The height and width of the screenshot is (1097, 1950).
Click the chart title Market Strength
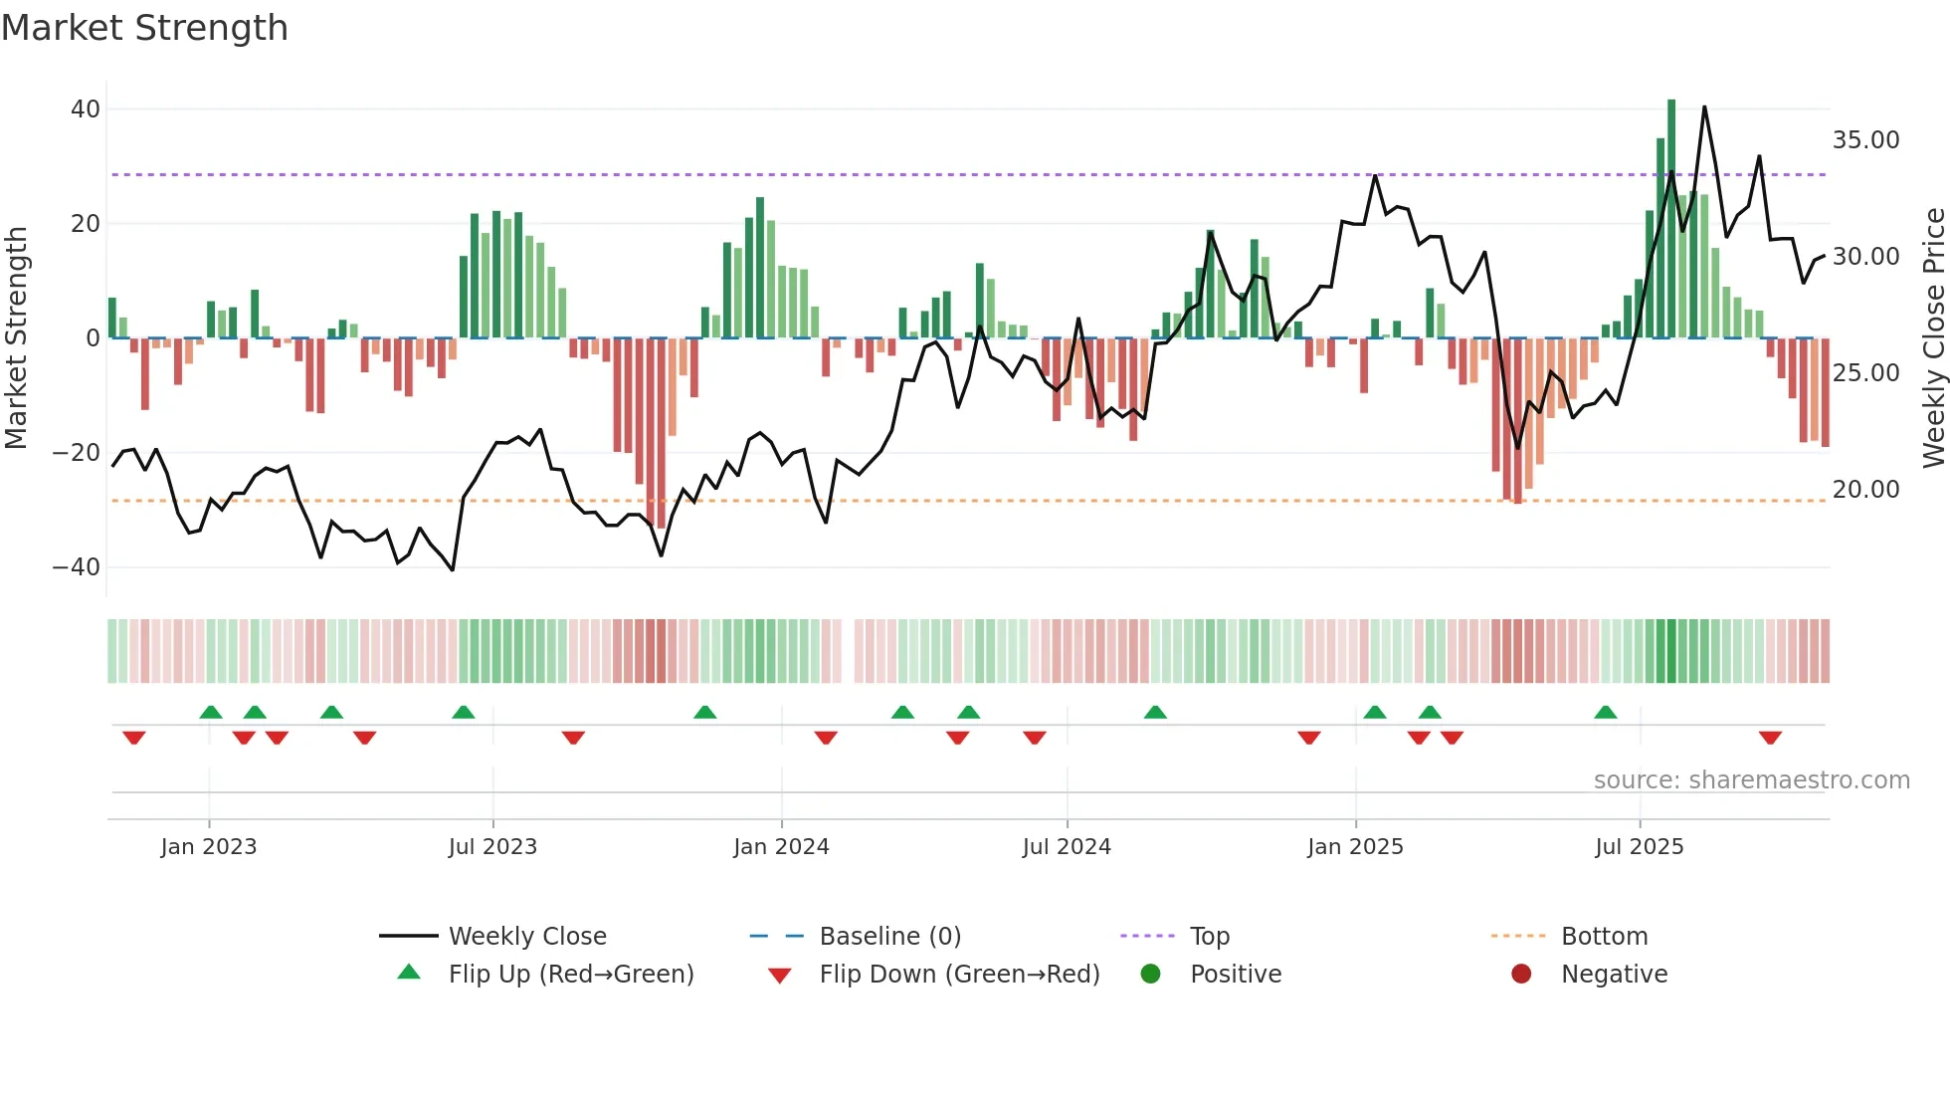coord(144,28)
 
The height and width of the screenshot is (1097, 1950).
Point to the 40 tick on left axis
coord(86,109)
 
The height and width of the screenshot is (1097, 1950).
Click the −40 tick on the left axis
coord(77,567)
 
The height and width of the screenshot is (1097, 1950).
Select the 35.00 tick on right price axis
coord(1865,140)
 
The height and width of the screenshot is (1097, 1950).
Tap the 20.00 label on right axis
coord(1865,490)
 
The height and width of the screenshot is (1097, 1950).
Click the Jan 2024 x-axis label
coord(781,847)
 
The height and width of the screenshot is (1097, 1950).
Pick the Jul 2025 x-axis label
coord(1639,847)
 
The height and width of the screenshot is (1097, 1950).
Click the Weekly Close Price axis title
coord(1933,338)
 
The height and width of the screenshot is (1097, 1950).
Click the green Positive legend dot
coord(1151,975)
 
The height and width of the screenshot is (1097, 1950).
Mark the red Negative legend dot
coord(1521,975)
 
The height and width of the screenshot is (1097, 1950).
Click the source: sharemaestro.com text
coord(1751,780)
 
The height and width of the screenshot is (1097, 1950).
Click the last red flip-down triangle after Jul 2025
coord(1770,738)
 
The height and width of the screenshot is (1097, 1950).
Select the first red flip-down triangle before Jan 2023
coord(134,738)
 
